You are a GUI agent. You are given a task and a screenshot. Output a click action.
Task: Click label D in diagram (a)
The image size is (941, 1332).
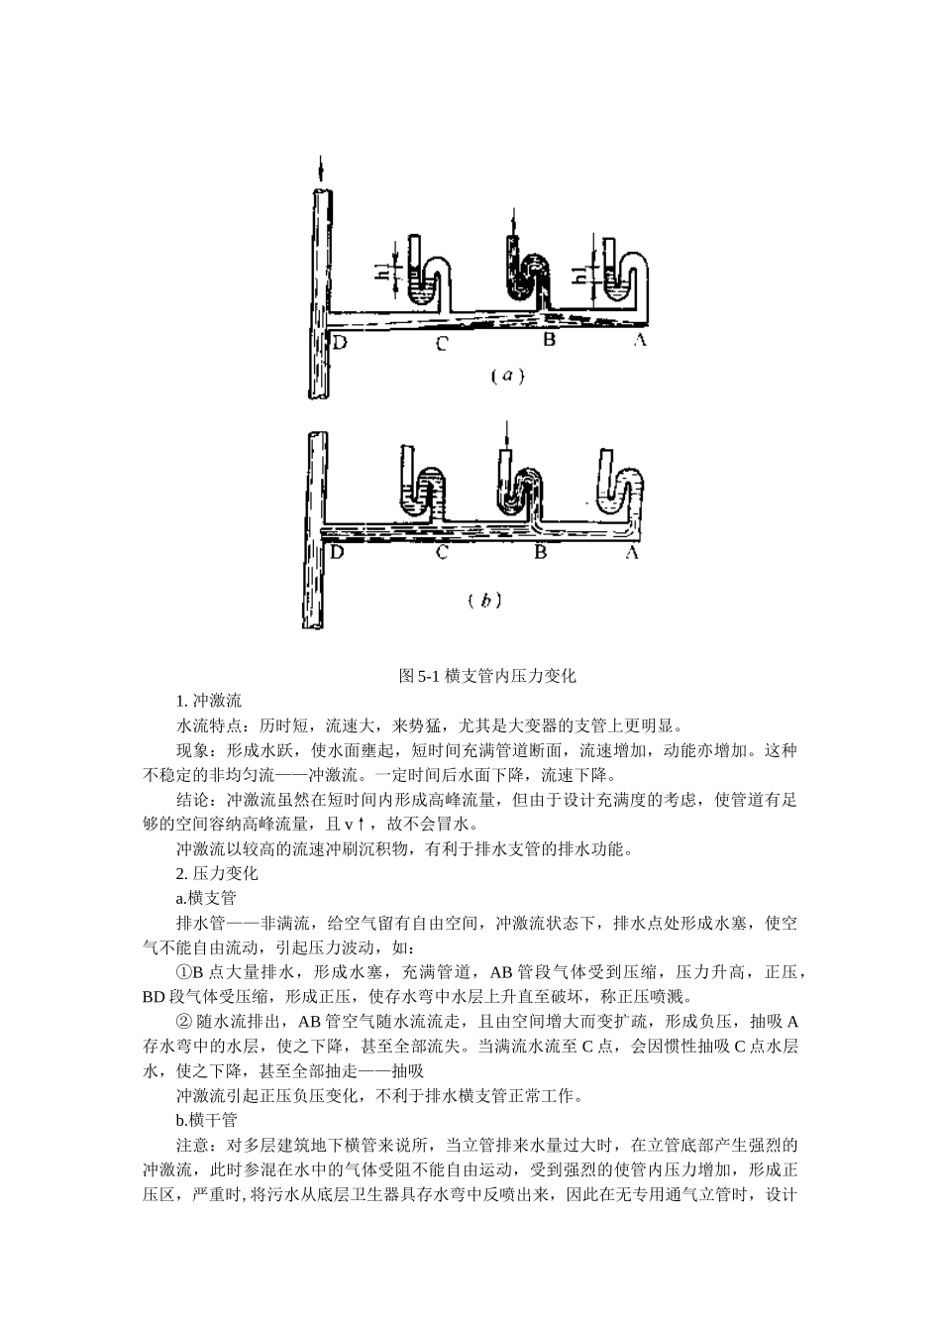(340, 343)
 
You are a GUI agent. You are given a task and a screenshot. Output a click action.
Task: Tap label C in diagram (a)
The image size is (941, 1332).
(442, 344)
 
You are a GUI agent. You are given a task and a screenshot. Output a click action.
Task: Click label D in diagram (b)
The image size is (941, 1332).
(337, 551)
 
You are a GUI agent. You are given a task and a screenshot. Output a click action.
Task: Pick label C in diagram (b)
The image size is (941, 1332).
(443, 552)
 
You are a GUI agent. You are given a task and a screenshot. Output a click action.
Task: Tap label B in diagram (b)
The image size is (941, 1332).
(541, 552)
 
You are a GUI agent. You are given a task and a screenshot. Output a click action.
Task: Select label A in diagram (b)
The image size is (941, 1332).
(631, 552)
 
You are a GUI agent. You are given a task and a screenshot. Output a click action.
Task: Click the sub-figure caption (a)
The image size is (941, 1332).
(507, 376)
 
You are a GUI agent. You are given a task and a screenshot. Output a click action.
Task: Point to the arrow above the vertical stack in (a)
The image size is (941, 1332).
(319, 167)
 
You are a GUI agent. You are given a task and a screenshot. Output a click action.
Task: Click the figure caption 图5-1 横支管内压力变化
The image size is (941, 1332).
(486, 676)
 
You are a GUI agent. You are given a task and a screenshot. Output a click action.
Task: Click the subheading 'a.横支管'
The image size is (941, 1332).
(206, 898)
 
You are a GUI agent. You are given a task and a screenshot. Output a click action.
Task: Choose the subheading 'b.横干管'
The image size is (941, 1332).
(207, 1120)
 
